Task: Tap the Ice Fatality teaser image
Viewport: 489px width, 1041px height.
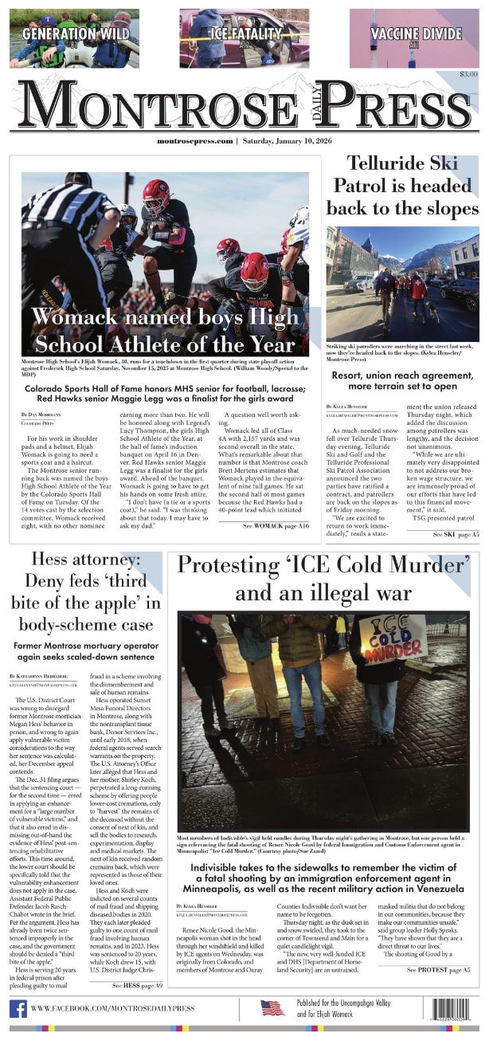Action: point(244,37)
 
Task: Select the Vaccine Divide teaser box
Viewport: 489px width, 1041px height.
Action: point(415,37)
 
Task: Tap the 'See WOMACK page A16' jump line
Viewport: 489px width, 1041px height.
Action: point(276,505)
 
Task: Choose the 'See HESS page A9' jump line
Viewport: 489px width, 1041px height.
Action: point(137,985)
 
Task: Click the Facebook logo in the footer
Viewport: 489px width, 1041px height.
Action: point(18,1008)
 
